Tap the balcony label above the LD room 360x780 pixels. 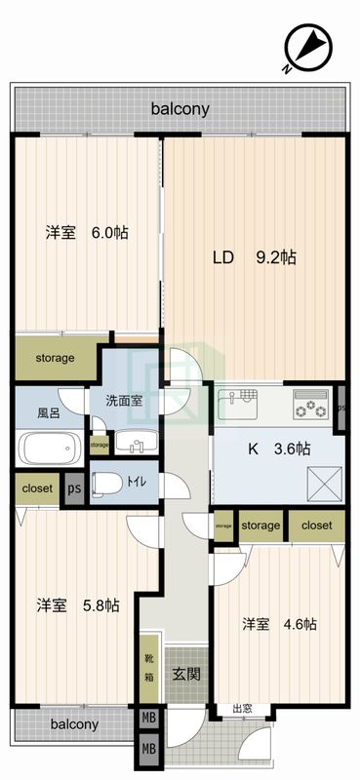coord(180,110)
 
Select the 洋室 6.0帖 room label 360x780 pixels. coord(87,232)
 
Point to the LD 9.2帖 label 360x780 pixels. coord(255,258)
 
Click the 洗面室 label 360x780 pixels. coord(125,400)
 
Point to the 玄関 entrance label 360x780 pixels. coord(185,673)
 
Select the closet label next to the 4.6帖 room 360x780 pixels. coord(317,526)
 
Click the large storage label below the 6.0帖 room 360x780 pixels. coord(56,358)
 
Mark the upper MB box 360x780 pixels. coord(148,720)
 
